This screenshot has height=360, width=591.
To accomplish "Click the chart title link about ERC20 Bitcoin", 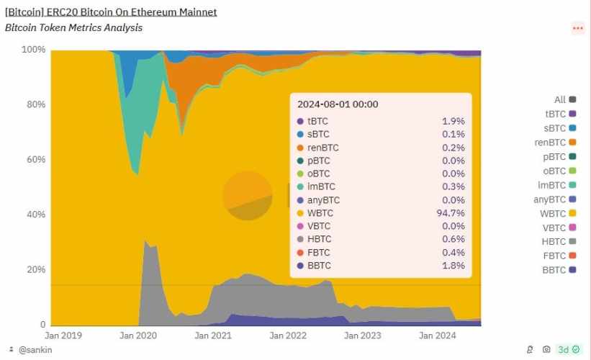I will point(111,12).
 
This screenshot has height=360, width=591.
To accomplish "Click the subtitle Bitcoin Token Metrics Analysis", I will point(73,27).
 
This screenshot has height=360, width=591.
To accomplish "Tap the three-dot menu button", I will point(577,28).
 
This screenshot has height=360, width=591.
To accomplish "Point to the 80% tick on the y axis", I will point(35,104).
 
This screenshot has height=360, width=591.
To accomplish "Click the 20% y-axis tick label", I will point(35,269).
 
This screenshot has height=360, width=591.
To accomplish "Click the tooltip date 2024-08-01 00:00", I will point(338,105).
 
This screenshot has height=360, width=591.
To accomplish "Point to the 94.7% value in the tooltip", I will point(451,213).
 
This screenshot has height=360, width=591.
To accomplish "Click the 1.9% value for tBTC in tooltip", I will point(453,121).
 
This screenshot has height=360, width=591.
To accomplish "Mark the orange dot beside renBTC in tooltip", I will point(300,148).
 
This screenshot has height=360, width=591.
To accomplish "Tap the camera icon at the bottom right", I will point(546,350).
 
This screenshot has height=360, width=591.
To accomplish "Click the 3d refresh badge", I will point(568,350).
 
